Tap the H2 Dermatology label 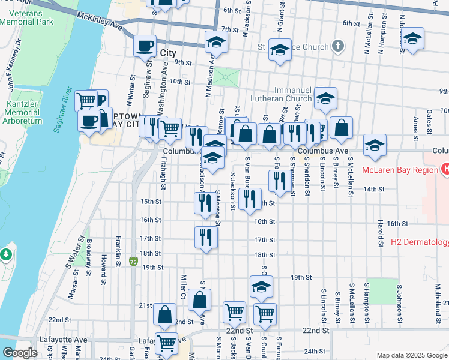(x=420, y=242)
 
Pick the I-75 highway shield (x=133, y=262)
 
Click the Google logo (x=19, y=353)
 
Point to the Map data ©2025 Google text (x=411, y=355)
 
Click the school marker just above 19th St (x=261, y=287)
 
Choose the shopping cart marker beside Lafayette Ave (x=166, y=344)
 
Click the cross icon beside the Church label (x=338, y=46)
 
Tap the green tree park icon (x=7, y=254)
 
